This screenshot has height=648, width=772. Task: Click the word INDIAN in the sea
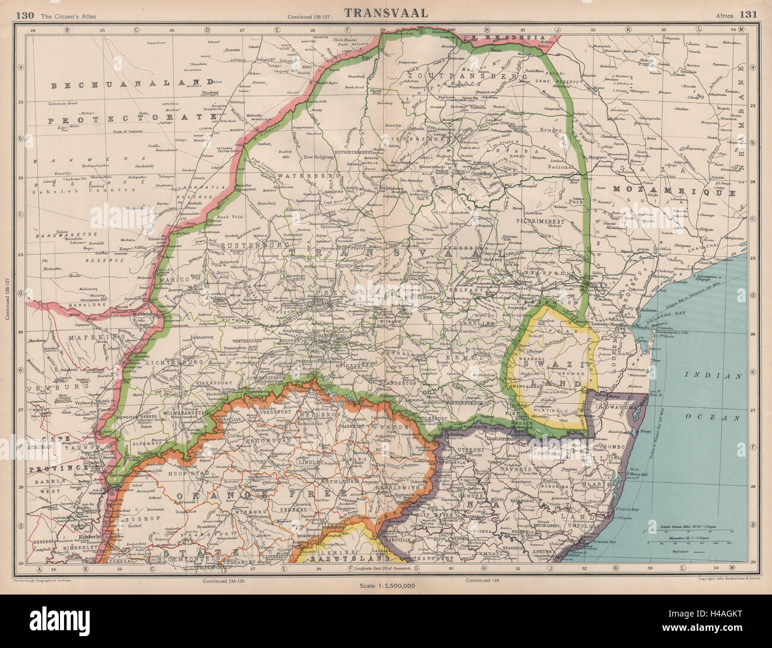pyautogui.click(x=714, y=376)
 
